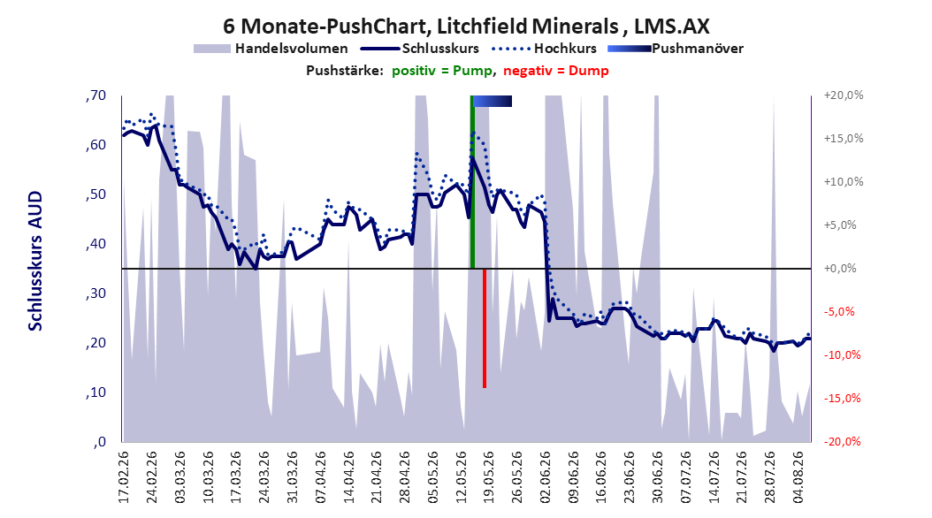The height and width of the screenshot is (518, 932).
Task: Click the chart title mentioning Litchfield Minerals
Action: tap(466, 27)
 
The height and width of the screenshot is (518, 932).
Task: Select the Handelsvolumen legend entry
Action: tap(271, 49)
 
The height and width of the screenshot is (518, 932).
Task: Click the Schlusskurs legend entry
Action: tap(420, 49)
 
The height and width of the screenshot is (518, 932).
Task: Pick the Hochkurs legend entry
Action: tap(542, 49)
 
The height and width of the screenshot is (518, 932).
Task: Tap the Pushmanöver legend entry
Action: tap(676, 49)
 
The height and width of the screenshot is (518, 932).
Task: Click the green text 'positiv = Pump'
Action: tap(442, 71)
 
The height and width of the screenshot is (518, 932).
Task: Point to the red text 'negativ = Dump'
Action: tap(556, 71)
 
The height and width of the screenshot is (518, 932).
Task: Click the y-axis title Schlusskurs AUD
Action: tap(35, 261)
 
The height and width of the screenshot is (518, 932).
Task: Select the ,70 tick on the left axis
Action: tap(95, 95)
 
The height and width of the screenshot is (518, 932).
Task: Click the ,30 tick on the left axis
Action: tap(95, 293)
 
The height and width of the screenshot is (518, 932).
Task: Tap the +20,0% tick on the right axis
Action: tap(844, 95)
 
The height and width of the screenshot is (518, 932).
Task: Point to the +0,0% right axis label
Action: tap(840, 269)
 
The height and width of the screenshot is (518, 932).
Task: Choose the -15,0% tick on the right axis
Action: tap(842, 398)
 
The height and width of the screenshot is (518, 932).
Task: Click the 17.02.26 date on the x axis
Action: tap(124, 477)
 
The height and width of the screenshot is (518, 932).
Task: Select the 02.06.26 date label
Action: tap(546, 477)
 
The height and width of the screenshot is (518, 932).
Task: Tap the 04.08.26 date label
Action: tap(798, 477)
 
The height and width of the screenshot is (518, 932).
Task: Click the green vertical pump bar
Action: tap(472, 182)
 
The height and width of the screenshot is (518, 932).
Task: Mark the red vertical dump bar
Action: tap(485, 328)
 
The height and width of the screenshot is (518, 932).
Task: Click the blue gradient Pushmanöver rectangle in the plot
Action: tap(493, 101)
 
